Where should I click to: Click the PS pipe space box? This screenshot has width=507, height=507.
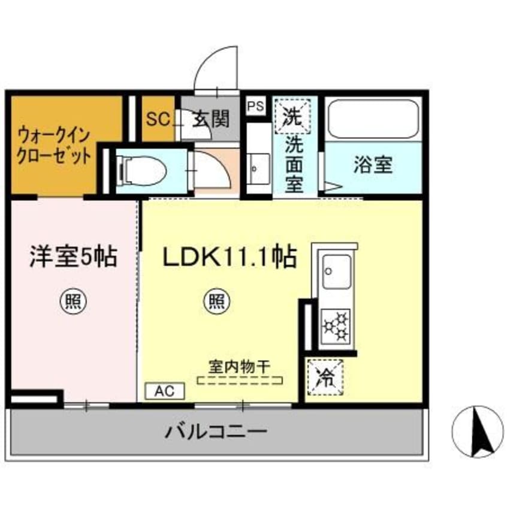point(256,105)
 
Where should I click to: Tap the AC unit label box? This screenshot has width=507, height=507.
point(165,391)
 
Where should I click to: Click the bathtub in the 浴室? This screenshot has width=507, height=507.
point(373,119)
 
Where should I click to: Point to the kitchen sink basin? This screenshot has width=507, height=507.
point(337,272)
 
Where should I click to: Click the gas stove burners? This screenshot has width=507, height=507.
point(336,326)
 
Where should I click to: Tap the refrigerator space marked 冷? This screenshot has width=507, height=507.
point(325,378)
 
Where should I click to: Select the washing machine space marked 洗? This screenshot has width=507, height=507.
point(292,116)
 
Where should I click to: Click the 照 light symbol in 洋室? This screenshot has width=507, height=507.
point(73,301)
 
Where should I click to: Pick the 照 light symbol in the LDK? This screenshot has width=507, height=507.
point(216,301)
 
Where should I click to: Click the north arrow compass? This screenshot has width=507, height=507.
point(478,431)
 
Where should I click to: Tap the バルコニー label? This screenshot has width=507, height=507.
point(216,431)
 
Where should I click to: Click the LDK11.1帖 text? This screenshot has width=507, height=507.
point(230,257)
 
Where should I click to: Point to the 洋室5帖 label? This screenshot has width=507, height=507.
point(73,257)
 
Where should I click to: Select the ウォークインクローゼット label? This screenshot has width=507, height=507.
point(54,146)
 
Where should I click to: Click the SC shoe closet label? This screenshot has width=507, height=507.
point(158,119)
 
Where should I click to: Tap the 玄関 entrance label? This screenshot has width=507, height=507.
point(211,119)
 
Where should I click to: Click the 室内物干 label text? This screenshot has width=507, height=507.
point(239,367)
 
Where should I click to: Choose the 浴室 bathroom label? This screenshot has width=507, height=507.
point(373,165)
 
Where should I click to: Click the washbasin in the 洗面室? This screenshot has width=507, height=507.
point(259,168)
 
